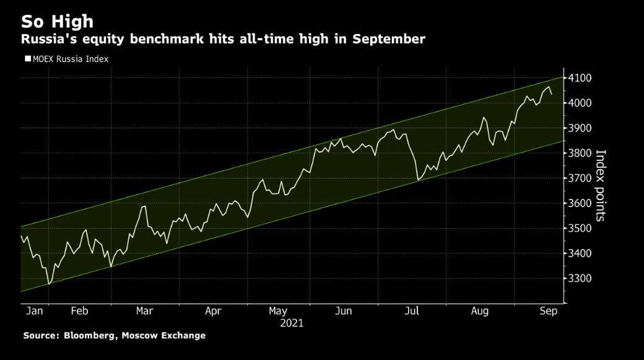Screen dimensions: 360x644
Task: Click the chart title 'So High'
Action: pyautogui.click(x=57, y=21)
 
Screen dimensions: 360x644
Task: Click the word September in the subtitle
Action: pyautogui.click(x=389, y=40)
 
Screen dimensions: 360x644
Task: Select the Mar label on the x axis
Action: pyautogui.click(x=144, y=311)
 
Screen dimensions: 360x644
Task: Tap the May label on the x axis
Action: pyautogui.click(x=279, y=311)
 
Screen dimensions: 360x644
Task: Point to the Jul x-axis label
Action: pyautogui.click(x=411, y=311)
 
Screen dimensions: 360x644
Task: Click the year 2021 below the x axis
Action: pyautogui.click(x=292, y=323)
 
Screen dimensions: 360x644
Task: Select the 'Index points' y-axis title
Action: pyautogui.click(x=600, y=185)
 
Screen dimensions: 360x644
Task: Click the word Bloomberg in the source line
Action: pyautogui.click(x=90, y=335)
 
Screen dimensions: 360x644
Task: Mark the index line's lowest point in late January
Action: pyautogui.click(x=48, y=284)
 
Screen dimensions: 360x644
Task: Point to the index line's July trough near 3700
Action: pyautogui.click(x=418, y=180)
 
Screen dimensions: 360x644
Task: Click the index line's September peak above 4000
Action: pyautogui.click(x=549, y=88)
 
